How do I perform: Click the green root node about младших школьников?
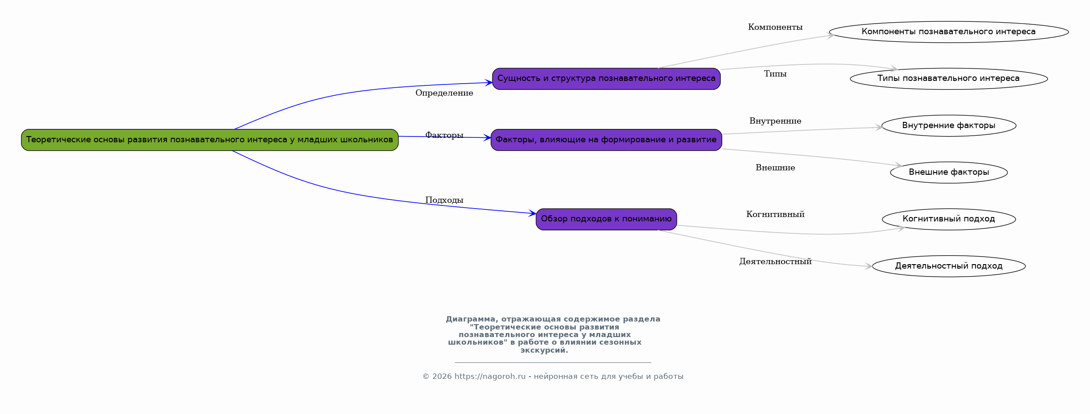(210, 140)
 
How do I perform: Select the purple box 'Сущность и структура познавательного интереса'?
(606, 79)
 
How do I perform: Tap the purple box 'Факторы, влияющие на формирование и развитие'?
(606, 140)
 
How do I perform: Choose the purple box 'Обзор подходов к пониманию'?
(606, 219)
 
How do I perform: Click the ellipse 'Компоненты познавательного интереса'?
(948, 32)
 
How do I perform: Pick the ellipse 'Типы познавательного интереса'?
(948, 79)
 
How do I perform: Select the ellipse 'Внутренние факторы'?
(948, 125)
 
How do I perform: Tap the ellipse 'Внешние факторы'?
(948, 172)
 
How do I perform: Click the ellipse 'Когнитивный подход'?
(948, 219)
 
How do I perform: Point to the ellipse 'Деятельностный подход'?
(948, 266)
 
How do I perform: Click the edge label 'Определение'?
(444, 93)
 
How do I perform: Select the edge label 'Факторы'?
(444, 135)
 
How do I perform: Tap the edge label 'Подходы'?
(444, 200)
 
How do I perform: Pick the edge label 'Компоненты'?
(775, 27)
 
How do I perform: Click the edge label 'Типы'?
(775, 74)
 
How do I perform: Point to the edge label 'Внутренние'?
(775, 121)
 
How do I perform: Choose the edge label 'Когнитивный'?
(775, 214)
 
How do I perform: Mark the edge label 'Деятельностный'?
(775, 261)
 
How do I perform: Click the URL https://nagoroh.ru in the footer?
(490, 377)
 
